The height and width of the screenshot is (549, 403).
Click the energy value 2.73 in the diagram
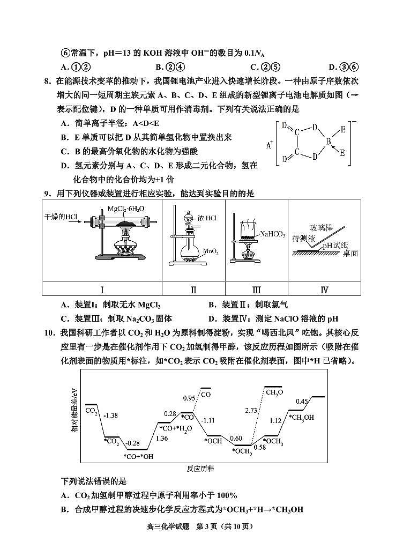tap(251, 410)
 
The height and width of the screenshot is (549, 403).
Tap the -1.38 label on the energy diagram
tap(110, 416)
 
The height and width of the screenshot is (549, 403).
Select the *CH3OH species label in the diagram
tap(301, 418)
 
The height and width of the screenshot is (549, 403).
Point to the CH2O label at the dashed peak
tap(274, 392)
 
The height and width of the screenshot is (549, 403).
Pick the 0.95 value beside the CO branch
tap(189, 398)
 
